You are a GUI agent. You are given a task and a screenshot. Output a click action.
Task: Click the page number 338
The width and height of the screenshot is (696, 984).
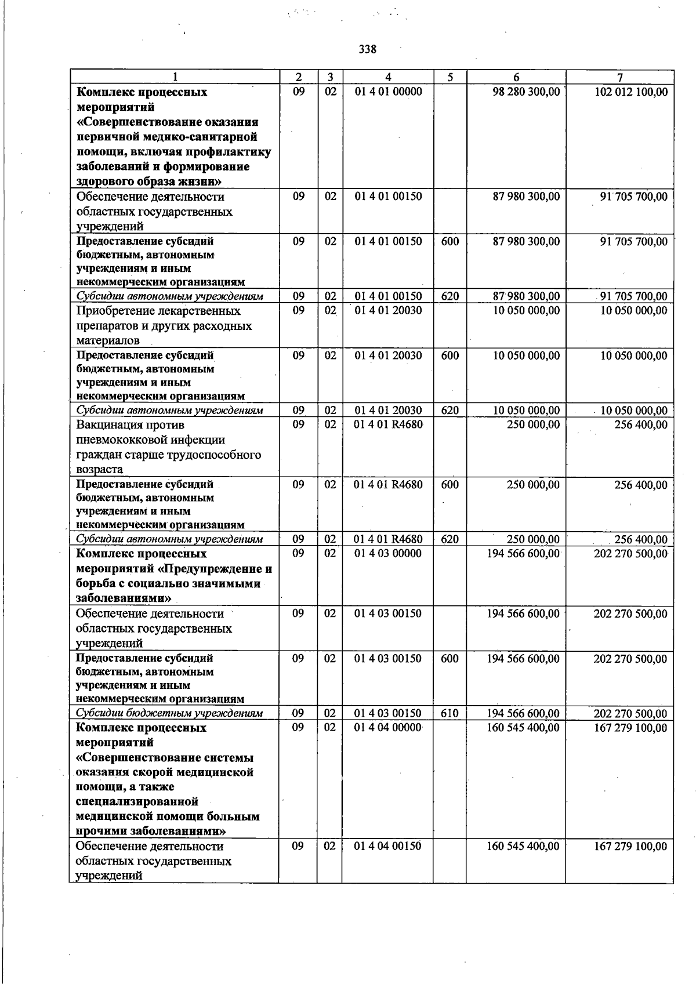tap(367, 49)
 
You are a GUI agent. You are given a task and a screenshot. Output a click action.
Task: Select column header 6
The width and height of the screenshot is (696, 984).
tap(516, 78)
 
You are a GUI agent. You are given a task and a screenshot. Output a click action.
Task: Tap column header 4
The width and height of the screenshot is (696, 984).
tap(388, 78)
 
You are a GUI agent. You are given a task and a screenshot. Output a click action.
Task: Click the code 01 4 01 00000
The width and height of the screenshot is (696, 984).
tap(388, 92)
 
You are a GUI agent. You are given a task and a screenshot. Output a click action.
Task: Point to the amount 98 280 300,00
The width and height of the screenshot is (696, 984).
tap(526, 92)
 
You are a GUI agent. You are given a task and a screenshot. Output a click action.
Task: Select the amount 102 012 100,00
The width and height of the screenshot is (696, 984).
tap(631, 92)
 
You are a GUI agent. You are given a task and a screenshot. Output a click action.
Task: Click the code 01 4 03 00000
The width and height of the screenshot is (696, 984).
tap(388, 554)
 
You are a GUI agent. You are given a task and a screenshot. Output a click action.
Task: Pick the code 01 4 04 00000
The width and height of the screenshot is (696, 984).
tap(388, 728)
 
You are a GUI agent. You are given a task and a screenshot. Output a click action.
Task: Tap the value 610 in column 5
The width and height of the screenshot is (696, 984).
tap(449, 714)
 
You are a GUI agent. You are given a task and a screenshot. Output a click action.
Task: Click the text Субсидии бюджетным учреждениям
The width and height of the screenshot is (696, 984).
tap(169, 714)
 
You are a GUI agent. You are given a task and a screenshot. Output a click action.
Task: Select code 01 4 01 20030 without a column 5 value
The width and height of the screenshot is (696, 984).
tap(388, 311)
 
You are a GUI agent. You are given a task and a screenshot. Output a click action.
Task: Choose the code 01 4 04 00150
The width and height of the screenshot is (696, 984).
tap(388, 847)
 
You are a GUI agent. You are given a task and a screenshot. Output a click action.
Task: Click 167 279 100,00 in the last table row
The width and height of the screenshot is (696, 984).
tap(630, 847)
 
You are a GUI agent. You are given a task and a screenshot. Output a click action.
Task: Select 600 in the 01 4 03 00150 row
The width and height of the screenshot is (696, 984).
tap(449, 659)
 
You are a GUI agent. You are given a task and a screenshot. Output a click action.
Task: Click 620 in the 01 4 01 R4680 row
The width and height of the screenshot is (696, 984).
tap(449, 539)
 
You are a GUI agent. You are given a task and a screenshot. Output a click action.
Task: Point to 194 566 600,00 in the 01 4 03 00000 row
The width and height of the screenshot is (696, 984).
tap(523, 554)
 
